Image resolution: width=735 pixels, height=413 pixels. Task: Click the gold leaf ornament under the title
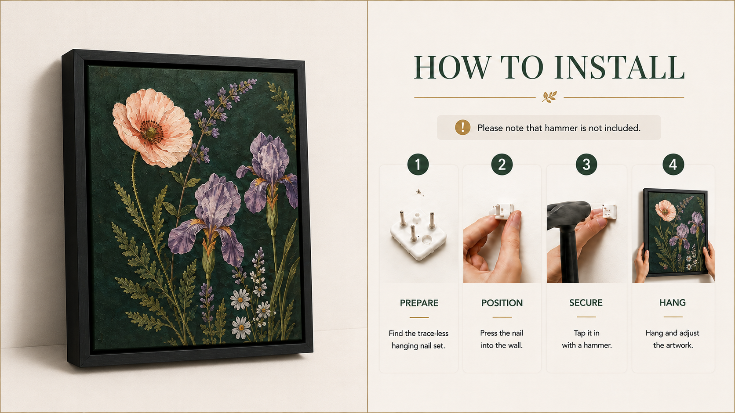click(x=549, y=97)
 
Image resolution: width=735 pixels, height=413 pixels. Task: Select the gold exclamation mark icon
click(x=462, y=127)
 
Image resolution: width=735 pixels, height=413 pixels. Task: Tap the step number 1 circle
click(x=418, y=165)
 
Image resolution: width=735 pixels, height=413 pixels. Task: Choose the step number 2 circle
click(x=502, y=165)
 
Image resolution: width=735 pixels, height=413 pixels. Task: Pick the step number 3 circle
click(x=586, y=165)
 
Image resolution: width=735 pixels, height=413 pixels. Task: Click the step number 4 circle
click(x=673, y=165)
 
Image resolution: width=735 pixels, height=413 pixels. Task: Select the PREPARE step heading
click(x=419, y=303)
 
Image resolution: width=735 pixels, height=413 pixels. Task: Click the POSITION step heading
click(x=502, y=303)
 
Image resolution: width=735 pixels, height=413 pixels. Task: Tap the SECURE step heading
click(x=586, y=303)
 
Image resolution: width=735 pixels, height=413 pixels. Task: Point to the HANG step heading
click(x=673, y=303)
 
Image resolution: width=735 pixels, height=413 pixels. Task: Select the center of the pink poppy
click(x=151, y=132)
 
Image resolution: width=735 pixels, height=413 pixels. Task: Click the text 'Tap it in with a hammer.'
click(x=587, y=339)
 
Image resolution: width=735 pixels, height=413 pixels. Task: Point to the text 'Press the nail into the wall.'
click(x=502, y=339)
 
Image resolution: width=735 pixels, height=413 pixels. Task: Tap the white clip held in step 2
click(x=502, y=211)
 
